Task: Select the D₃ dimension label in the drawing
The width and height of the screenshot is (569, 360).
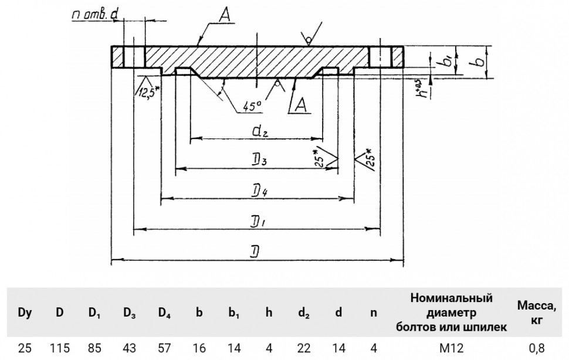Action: (x=259, y=160)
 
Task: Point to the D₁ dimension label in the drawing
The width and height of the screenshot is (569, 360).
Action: (x=258, y=222)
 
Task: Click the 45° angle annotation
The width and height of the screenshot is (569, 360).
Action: (x=252, y=106)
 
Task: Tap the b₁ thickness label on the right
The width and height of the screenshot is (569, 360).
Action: (x=447, y=60)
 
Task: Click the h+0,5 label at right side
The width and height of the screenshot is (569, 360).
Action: (x=422, y=89)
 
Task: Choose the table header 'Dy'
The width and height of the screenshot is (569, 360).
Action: (x=25, y=313)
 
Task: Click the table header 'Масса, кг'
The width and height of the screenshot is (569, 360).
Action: (x=536, y=313)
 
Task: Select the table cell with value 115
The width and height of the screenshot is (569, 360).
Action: (x=59, y=348)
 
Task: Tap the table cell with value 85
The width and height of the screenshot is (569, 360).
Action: (x=94, y=348)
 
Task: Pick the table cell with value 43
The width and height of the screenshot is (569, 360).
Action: (x=129, y=348)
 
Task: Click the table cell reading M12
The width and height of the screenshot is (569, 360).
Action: (x=452, y=348)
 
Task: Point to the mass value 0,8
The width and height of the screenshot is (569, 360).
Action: (x=537, y=348)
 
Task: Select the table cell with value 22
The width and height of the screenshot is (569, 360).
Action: (x=304, y=348)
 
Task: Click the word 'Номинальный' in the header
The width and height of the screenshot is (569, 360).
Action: (x=452, y=298)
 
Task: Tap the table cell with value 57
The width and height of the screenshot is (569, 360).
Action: (x=164, y=348)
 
